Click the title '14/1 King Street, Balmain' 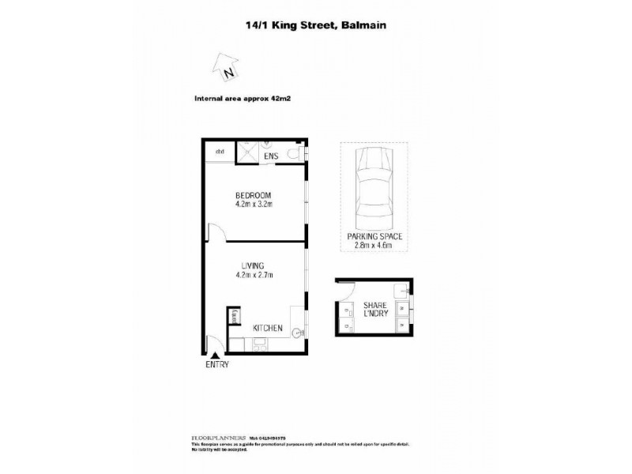point(316,24)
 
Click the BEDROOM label point(254,195)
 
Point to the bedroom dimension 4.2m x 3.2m point(254,205)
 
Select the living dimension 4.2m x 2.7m point(254,275)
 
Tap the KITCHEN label point(268,328)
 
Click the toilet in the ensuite point(295,152)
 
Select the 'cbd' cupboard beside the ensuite point(220,152)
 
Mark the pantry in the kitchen point(235,318)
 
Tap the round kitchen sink point(297,333)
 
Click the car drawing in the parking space point(373,186)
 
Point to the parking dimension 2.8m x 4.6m point(374,245)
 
